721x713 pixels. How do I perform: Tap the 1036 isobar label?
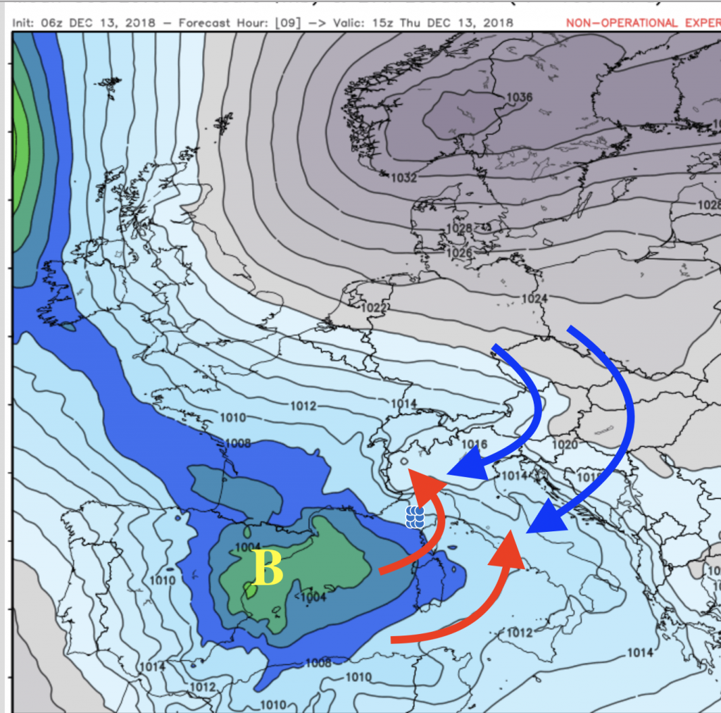tap(518, 97)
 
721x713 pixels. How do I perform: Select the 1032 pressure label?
tap(403, 178)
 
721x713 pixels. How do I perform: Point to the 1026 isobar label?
tap(459, 253)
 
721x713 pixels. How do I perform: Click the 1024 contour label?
tap(534, 299)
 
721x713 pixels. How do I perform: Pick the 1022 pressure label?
tap(373, 308)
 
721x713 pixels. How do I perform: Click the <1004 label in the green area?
tap(312, 597)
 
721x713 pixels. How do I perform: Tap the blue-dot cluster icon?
tap(415, 516)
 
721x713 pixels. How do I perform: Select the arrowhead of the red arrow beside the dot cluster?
tap(426, 482)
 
